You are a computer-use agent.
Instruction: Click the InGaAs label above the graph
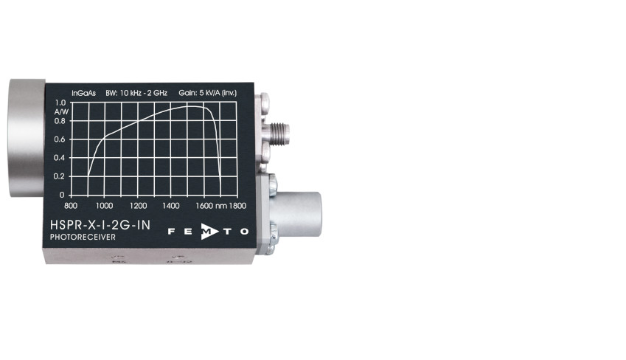coord(84,93)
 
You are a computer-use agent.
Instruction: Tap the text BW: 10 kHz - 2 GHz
coord(136,93)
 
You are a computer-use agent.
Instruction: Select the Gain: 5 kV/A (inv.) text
coord(208,93)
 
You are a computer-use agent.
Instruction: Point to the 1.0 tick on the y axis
coord(60,103)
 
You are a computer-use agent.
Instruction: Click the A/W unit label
coord(61,112)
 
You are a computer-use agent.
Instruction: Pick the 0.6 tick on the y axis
coord(60,139)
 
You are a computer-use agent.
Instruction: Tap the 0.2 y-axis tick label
coord(59,176)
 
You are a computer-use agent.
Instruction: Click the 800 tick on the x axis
coord(71,206)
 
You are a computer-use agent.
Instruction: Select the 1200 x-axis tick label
coord(138,206)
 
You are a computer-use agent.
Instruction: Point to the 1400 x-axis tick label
coord(171,206)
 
